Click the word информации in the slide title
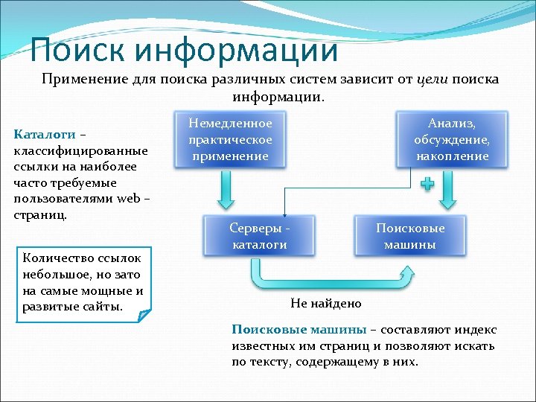point(237,51)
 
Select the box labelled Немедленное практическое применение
point(230,139)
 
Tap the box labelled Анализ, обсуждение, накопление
point(452,139)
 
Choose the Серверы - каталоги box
point(260,236)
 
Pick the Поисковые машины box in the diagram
point(410,236)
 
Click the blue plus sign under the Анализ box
point(427,183)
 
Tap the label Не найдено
point(325,303)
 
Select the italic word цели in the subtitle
point(432,80)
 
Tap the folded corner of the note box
point(144,316)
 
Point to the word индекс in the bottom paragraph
point(477,330)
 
